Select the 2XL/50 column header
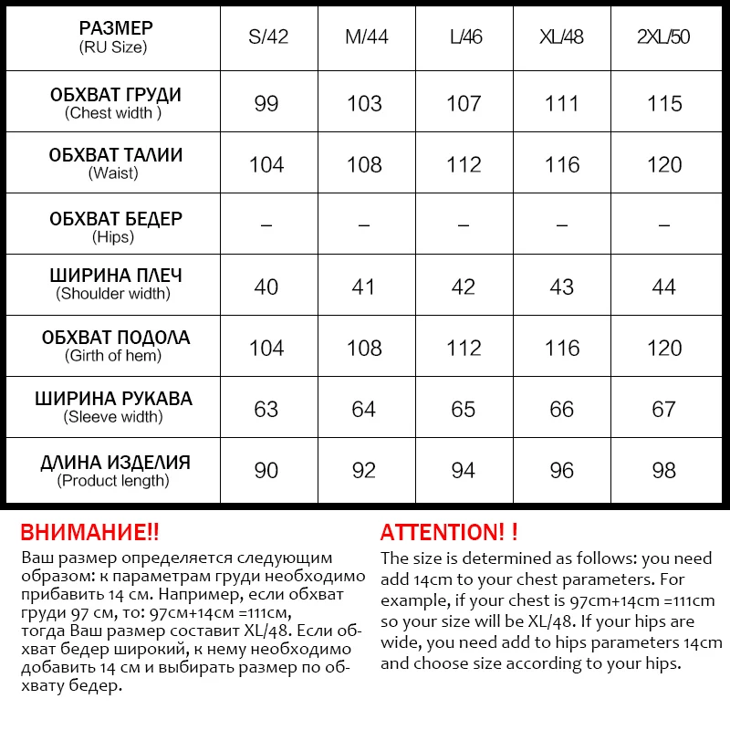click(663, 37)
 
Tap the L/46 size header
click(464, 37)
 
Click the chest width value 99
click(266, 103)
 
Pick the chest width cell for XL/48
click(562, 103)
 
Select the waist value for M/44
click(364, 164)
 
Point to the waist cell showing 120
click(663, 164)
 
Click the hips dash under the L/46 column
click(464, 224)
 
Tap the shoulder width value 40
click(266, 287)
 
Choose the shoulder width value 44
click(663, 287)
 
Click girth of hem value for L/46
click(464, 348)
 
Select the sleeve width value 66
click(562, 409)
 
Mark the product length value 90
click(266, 470)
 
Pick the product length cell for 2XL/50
click(663, 470)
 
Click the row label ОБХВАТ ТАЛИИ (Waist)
click(115, 162)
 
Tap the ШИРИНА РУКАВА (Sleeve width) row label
click(113, 407)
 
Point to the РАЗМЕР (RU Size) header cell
click(113, 36)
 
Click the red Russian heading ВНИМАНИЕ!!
click(89, 532)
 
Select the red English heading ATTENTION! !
click(449, 532)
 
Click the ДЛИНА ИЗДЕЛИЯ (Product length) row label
click(115, 470)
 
